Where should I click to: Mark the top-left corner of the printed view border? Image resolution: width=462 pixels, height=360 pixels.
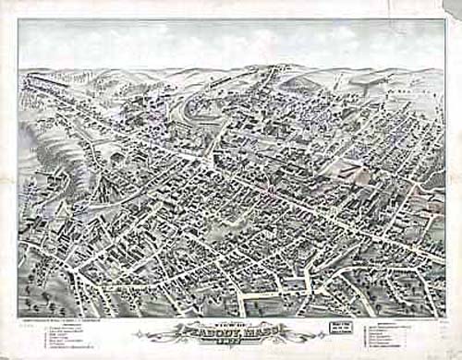[x=18, y=20]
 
